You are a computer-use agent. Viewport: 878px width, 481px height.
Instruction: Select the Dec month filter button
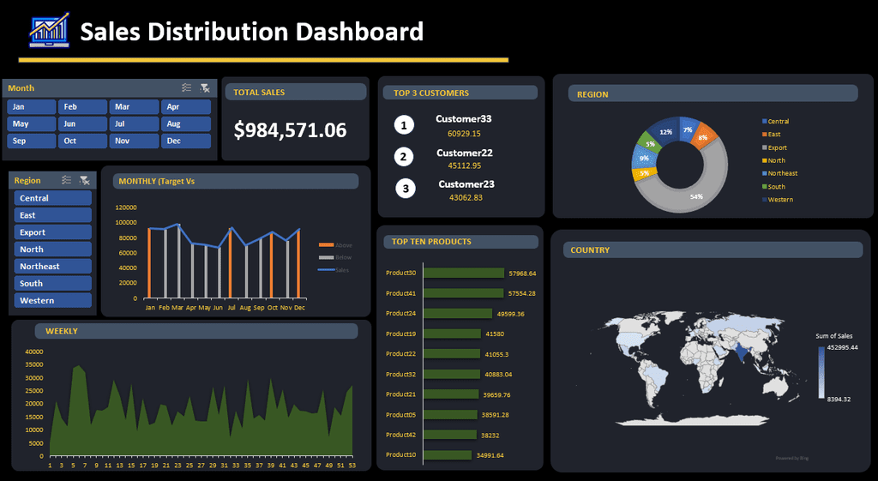pos(185,141)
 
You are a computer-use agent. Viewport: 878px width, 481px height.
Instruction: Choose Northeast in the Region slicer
pos(52,267)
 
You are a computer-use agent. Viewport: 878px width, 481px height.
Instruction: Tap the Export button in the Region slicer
pos(52,232)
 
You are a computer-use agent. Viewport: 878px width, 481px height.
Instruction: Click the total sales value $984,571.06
pos(290,130)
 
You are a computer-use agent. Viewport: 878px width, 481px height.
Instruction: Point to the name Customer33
pos(463,119)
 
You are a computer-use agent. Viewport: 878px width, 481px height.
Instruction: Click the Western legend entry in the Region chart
pos(780,200)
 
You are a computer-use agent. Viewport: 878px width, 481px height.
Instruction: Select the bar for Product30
pos(463,274)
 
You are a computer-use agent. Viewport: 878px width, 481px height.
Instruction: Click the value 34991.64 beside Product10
pos(490,455)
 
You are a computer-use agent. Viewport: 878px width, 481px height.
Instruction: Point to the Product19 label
pos(400,334)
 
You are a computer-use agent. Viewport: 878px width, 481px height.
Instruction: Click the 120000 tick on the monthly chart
pos(126,207)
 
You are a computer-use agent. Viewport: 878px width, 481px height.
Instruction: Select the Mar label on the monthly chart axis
pos(177,307)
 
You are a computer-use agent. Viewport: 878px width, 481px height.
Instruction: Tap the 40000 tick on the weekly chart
pos(34,352)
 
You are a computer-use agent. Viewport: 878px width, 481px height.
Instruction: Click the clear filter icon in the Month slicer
pos(204,88)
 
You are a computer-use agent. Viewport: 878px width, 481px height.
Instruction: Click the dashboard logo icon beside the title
pos(48,32)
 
